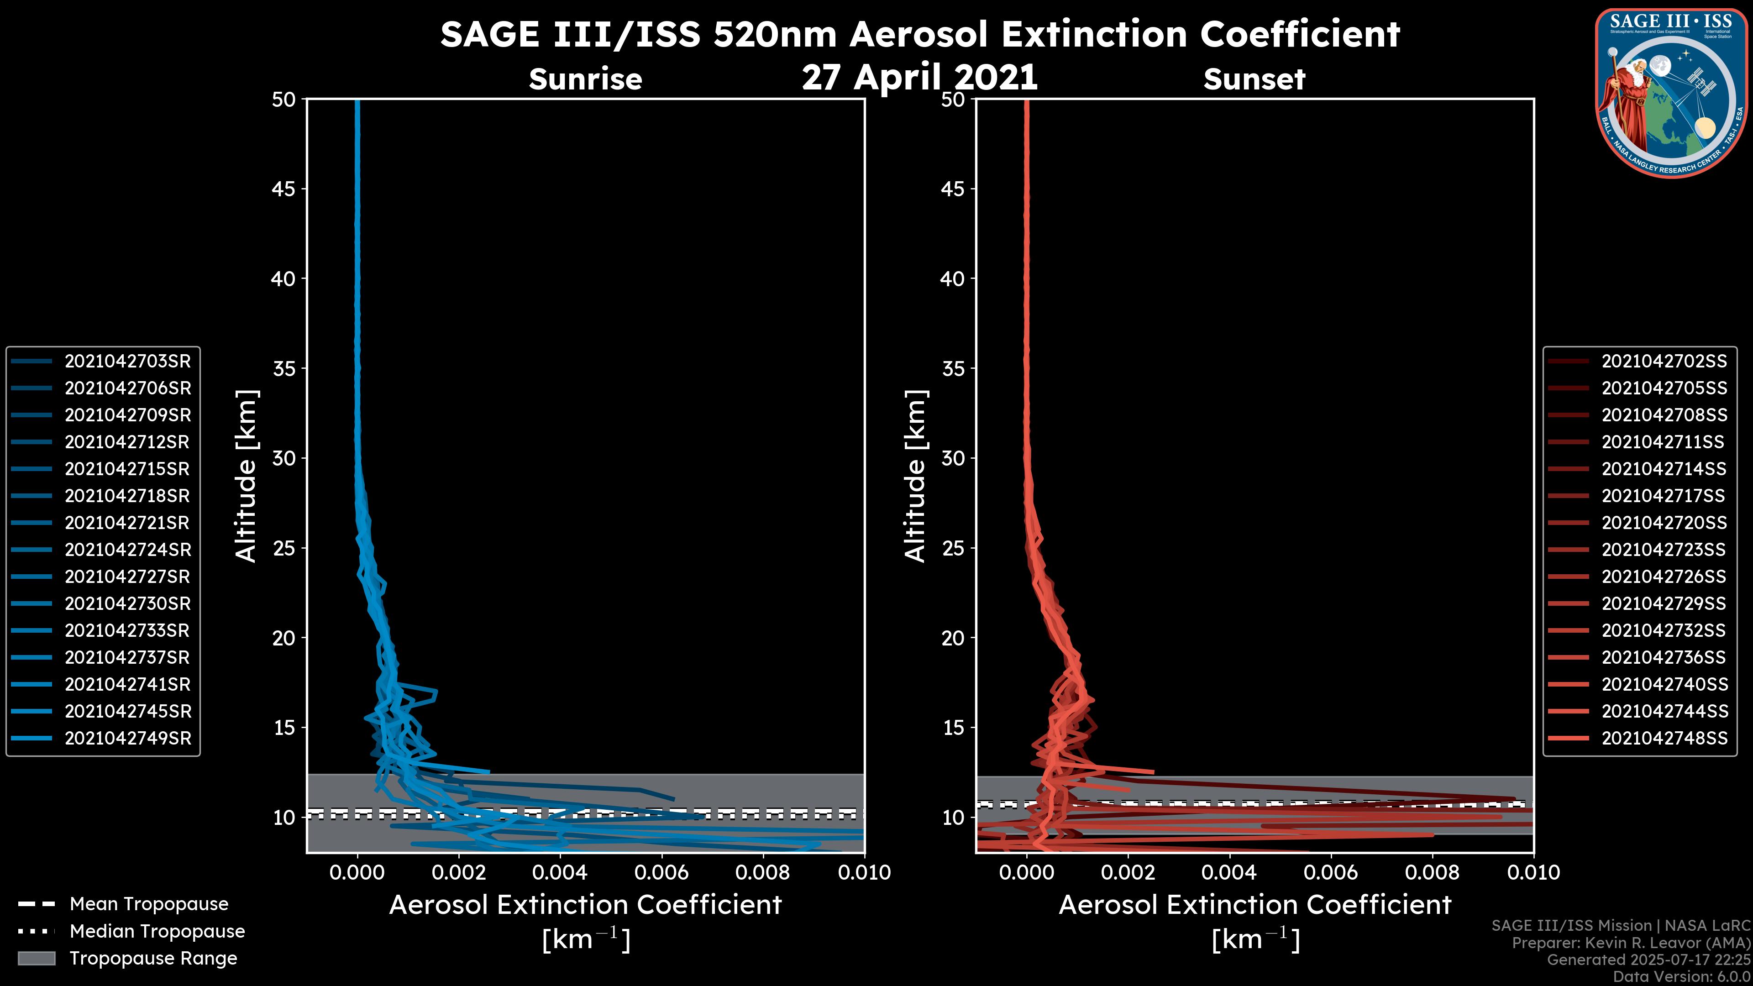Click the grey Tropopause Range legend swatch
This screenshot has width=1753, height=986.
[x=36, y=958]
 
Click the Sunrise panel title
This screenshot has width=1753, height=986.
[x=585, y=79]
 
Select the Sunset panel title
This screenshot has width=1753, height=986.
[x=1254, y=79]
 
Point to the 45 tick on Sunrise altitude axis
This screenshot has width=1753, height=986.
[x=284, y=189]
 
